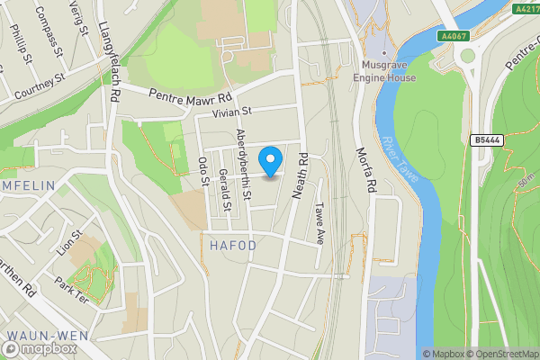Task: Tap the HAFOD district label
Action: tap(233, 246)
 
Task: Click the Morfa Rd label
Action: tap(364, 171)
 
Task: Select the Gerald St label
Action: tap(226, 193)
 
